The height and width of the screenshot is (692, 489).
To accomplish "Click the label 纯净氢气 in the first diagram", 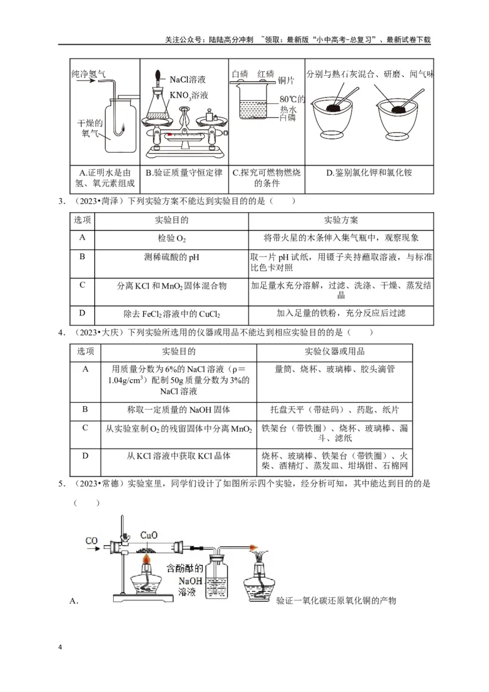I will pyautogui.click(x=89, y=74).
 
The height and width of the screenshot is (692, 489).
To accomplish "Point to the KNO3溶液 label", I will pyautogui.click(x=189, y=95).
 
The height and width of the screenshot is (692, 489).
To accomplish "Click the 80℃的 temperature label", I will pyautogui.click(x=292, y=98).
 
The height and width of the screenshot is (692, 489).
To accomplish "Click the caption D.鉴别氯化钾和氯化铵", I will pyautogui.click(x=369, y=173).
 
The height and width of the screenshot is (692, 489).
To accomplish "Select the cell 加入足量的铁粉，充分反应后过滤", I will pyautogui.click(x=341, y=313).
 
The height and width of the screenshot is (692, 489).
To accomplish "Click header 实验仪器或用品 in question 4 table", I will pyautogui.click(x=334, y=352).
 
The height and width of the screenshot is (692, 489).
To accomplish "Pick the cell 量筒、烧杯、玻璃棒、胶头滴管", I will pyautogui.click(x=334, y=369).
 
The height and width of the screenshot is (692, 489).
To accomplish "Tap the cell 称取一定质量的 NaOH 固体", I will pyautogui.click(x=178, y=409).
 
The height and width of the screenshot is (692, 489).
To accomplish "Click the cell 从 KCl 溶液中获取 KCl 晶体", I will pyautogui.click(x=178, y=455).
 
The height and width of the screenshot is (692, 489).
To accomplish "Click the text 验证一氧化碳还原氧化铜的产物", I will pyautogui.click(x=336, y=600).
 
